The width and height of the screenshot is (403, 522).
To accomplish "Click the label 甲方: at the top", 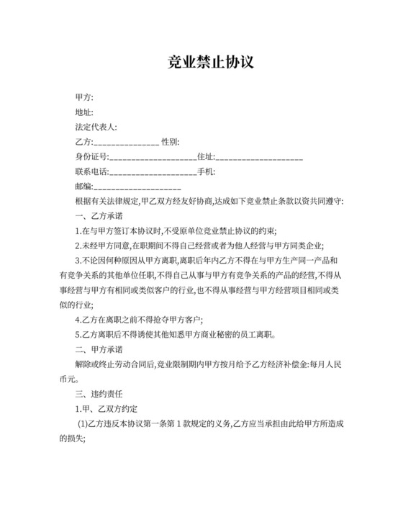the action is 84,97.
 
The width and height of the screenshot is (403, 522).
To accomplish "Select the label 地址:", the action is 84,112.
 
